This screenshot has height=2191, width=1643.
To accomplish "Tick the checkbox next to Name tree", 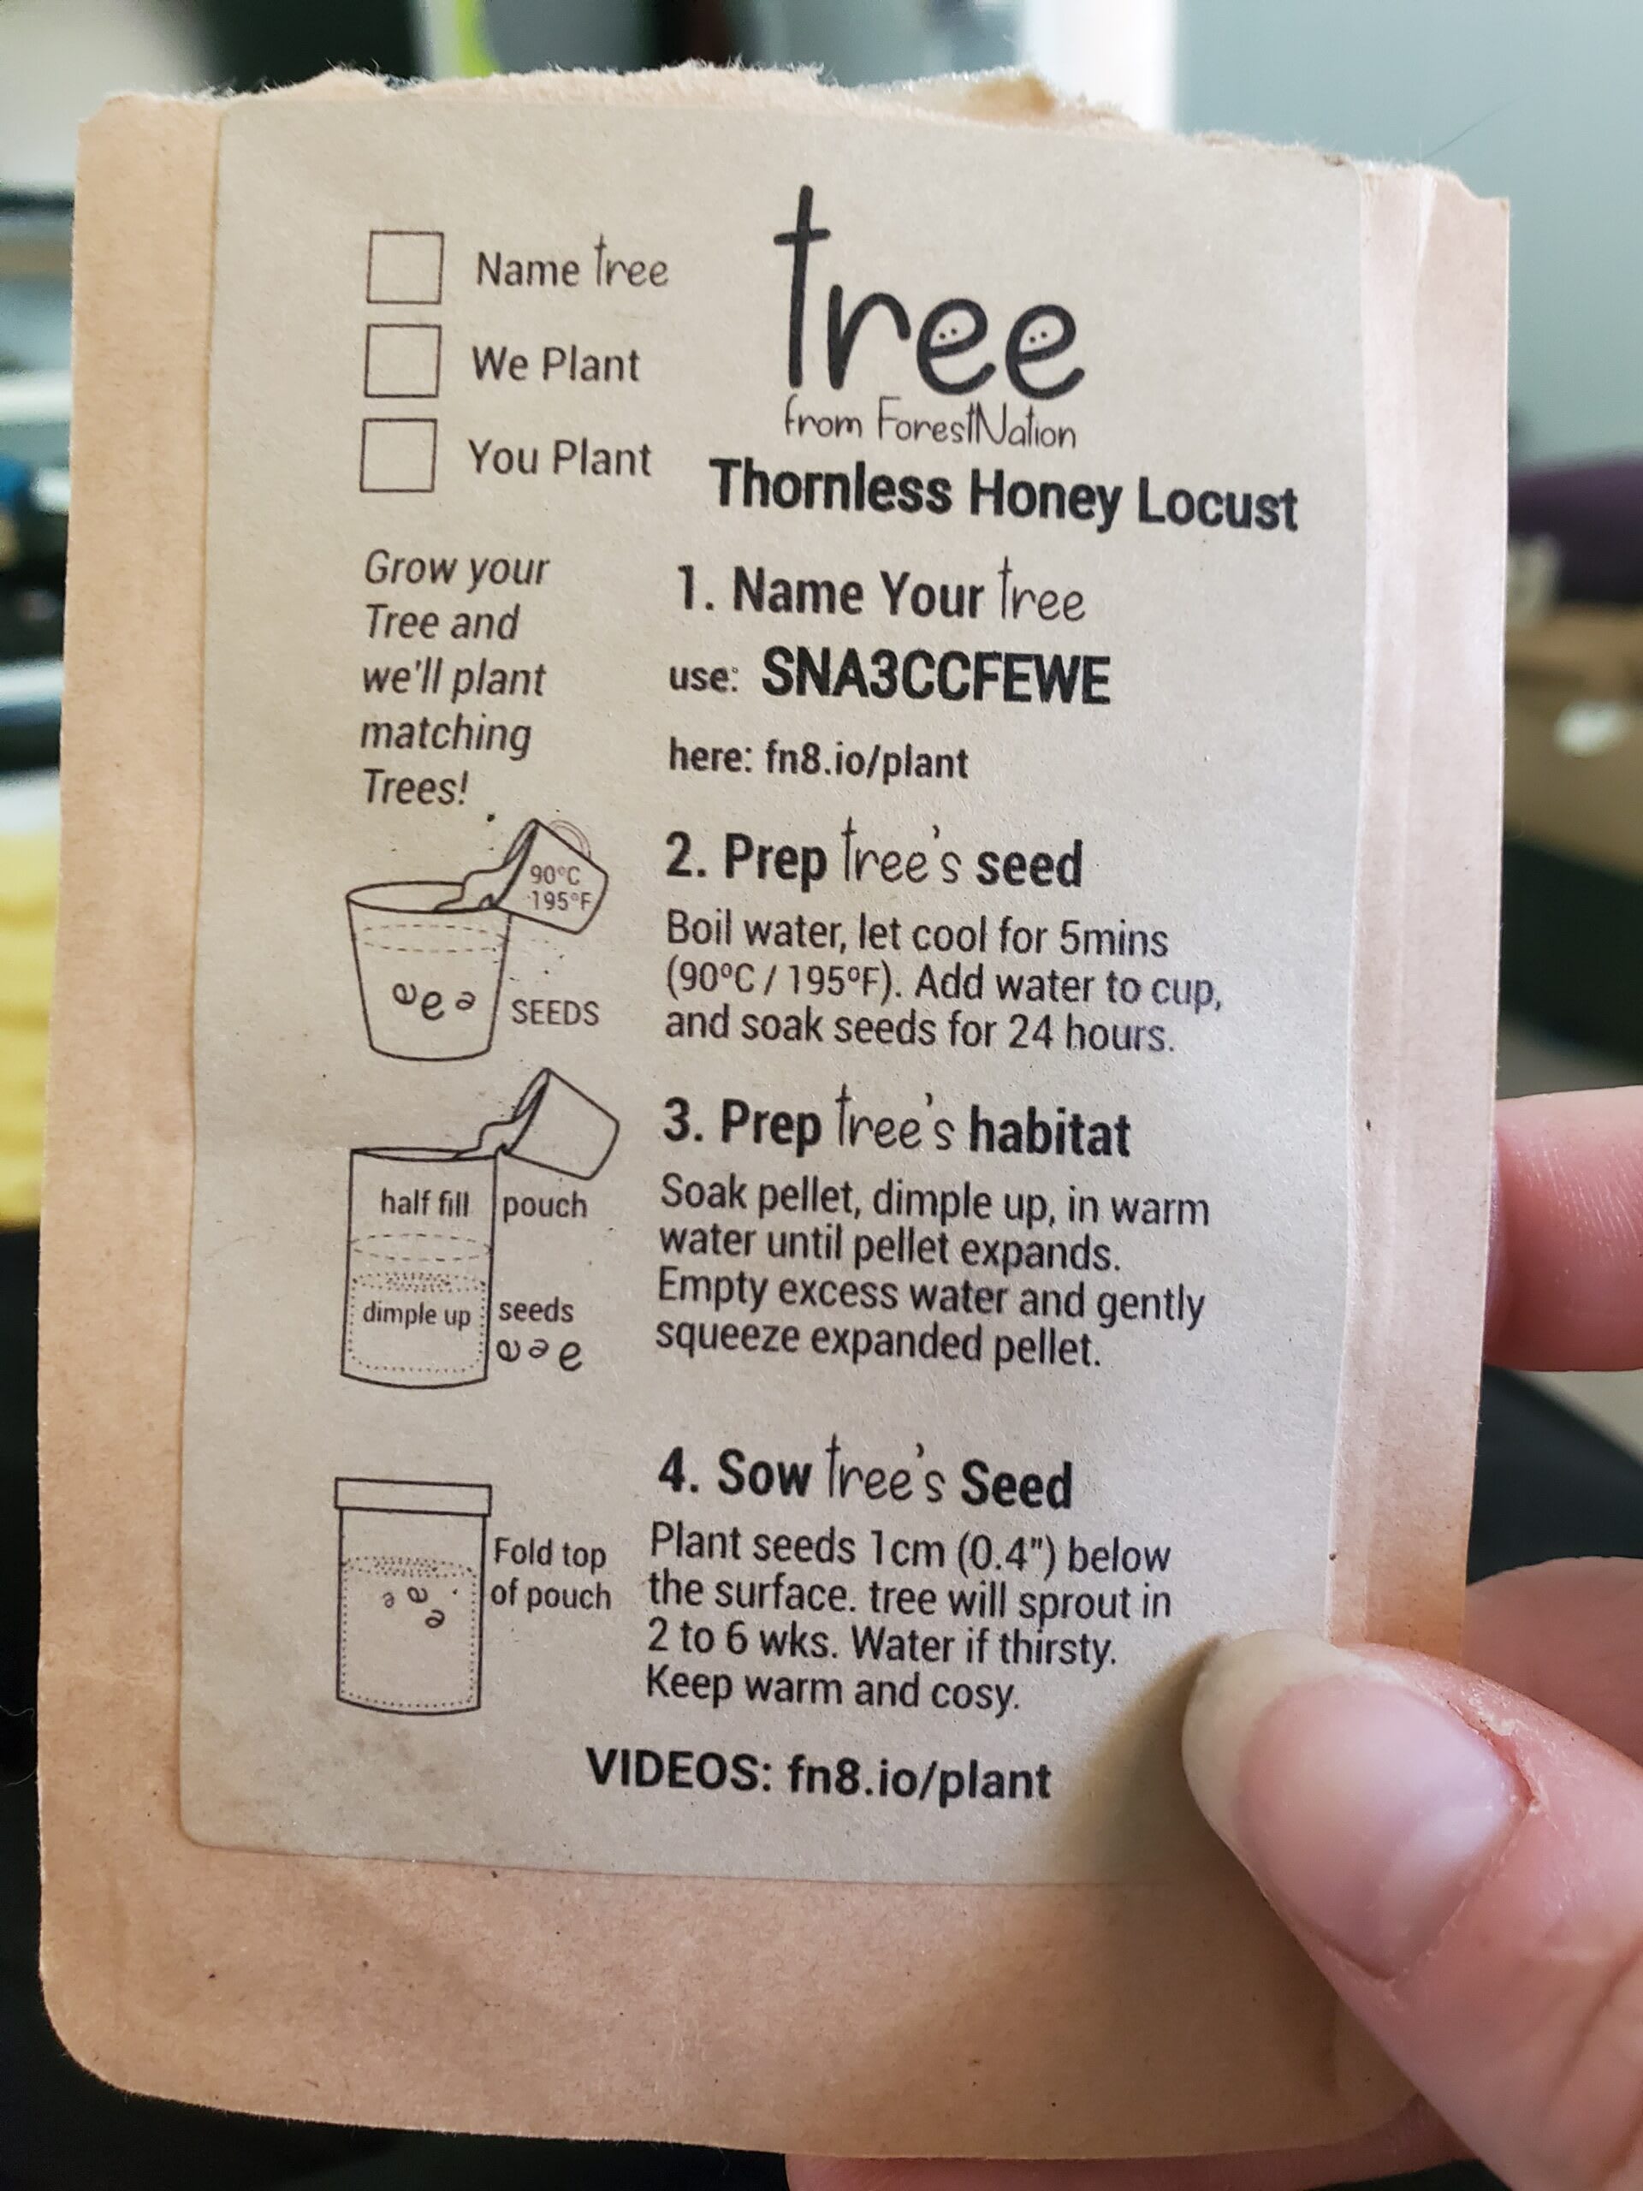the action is [x=404, y=266].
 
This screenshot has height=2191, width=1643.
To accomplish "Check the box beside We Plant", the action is [x=402, y=360].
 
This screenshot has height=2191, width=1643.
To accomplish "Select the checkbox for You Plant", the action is [x=398, y=454].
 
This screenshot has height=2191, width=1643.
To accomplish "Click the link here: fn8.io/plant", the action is [x=818, y=760].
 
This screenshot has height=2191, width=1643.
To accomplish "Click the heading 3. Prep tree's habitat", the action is [x=895, y=1126].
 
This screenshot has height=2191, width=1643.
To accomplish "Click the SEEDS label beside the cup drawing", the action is [x=555, y=1012].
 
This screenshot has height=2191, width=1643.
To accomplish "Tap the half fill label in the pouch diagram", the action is [x=424, y=1202].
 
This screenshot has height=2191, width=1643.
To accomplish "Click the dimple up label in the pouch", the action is [x=417, y=1315].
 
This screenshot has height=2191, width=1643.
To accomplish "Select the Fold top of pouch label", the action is [x=549, y=1574].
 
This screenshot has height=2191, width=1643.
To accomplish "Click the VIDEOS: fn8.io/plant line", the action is [x=818, y=1778].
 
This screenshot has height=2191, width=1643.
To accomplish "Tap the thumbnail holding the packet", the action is [x=1367, y=1822].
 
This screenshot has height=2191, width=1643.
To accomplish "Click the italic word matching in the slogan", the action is [x=445, y=736].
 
